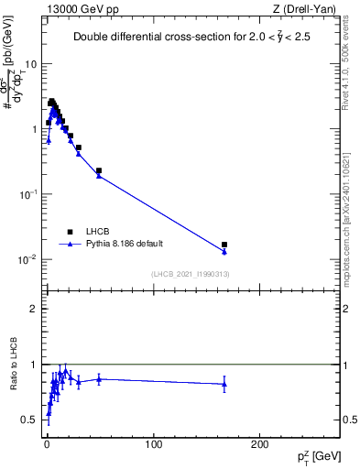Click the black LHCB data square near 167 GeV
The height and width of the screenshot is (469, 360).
coord(224,245)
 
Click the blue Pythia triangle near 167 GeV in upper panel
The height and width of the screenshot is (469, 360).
coord(224,251)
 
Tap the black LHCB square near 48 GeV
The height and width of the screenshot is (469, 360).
coord(99,170)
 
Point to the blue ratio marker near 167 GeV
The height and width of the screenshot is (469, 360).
coord(224,384)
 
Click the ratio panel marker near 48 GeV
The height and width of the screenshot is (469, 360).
coord(99,378)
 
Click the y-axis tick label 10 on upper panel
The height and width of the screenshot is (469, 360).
coord(31,64)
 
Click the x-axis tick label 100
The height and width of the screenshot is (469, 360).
coord(153,443)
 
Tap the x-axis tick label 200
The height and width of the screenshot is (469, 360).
coord(259,443)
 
